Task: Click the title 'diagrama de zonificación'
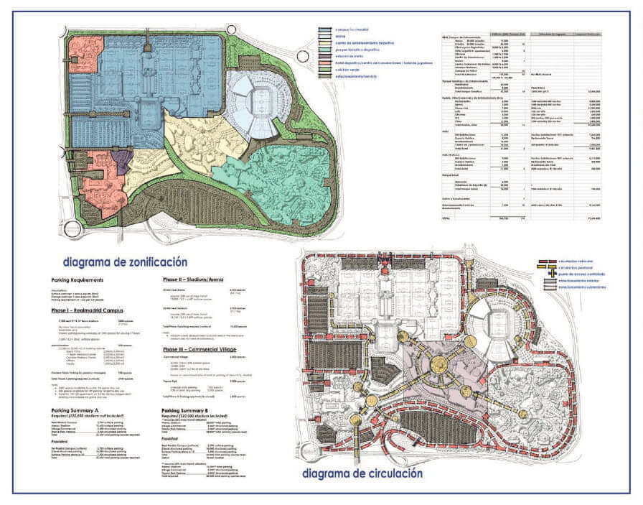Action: pyautogui.click(x=125, y=262)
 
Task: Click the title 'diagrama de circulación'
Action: pyautogui.click(x=362, y=473)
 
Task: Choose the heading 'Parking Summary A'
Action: pyautogui.click(x=78, y=411)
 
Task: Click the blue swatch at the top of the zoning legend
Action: pyautogui.click(x=324, y=31)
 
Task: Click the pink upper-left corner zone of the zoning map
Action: pyautogui.click(x=85, y=51)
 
